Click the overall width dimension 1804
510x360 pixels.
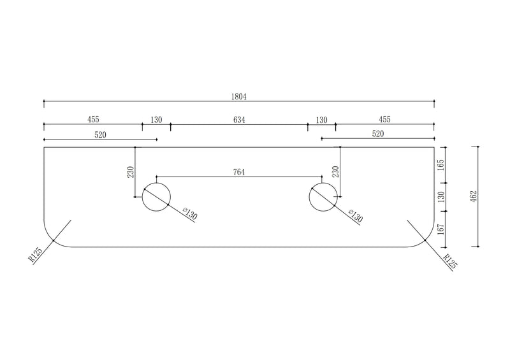(239, 97)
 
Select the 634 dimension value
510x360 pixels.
(239, 120)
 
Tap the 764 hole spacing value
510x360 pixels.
(239, 172)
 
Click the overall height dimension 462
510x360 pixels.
(472, 196)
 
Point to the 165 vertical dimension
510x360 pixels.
(441, 164)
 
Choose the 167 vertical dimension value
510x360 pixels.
(441, 230)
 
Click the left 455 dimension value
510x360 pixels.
(92, 120)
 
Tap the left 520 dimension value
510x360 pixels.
(100, 134)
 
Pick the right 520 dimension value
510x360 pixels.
(377, 134)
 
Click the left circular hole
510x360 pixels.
(156, 197)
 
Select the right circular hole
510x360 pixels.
(323, 197)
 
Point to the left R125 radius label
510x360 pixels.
(36, 256)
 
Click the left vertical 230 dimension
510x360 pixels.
(131, 172)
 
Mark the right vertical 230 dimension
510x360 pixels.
(336, 172)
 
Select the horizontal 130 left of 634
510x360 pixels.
(156, 120)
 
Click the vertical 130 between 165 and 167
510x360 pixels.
(441, 198)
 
